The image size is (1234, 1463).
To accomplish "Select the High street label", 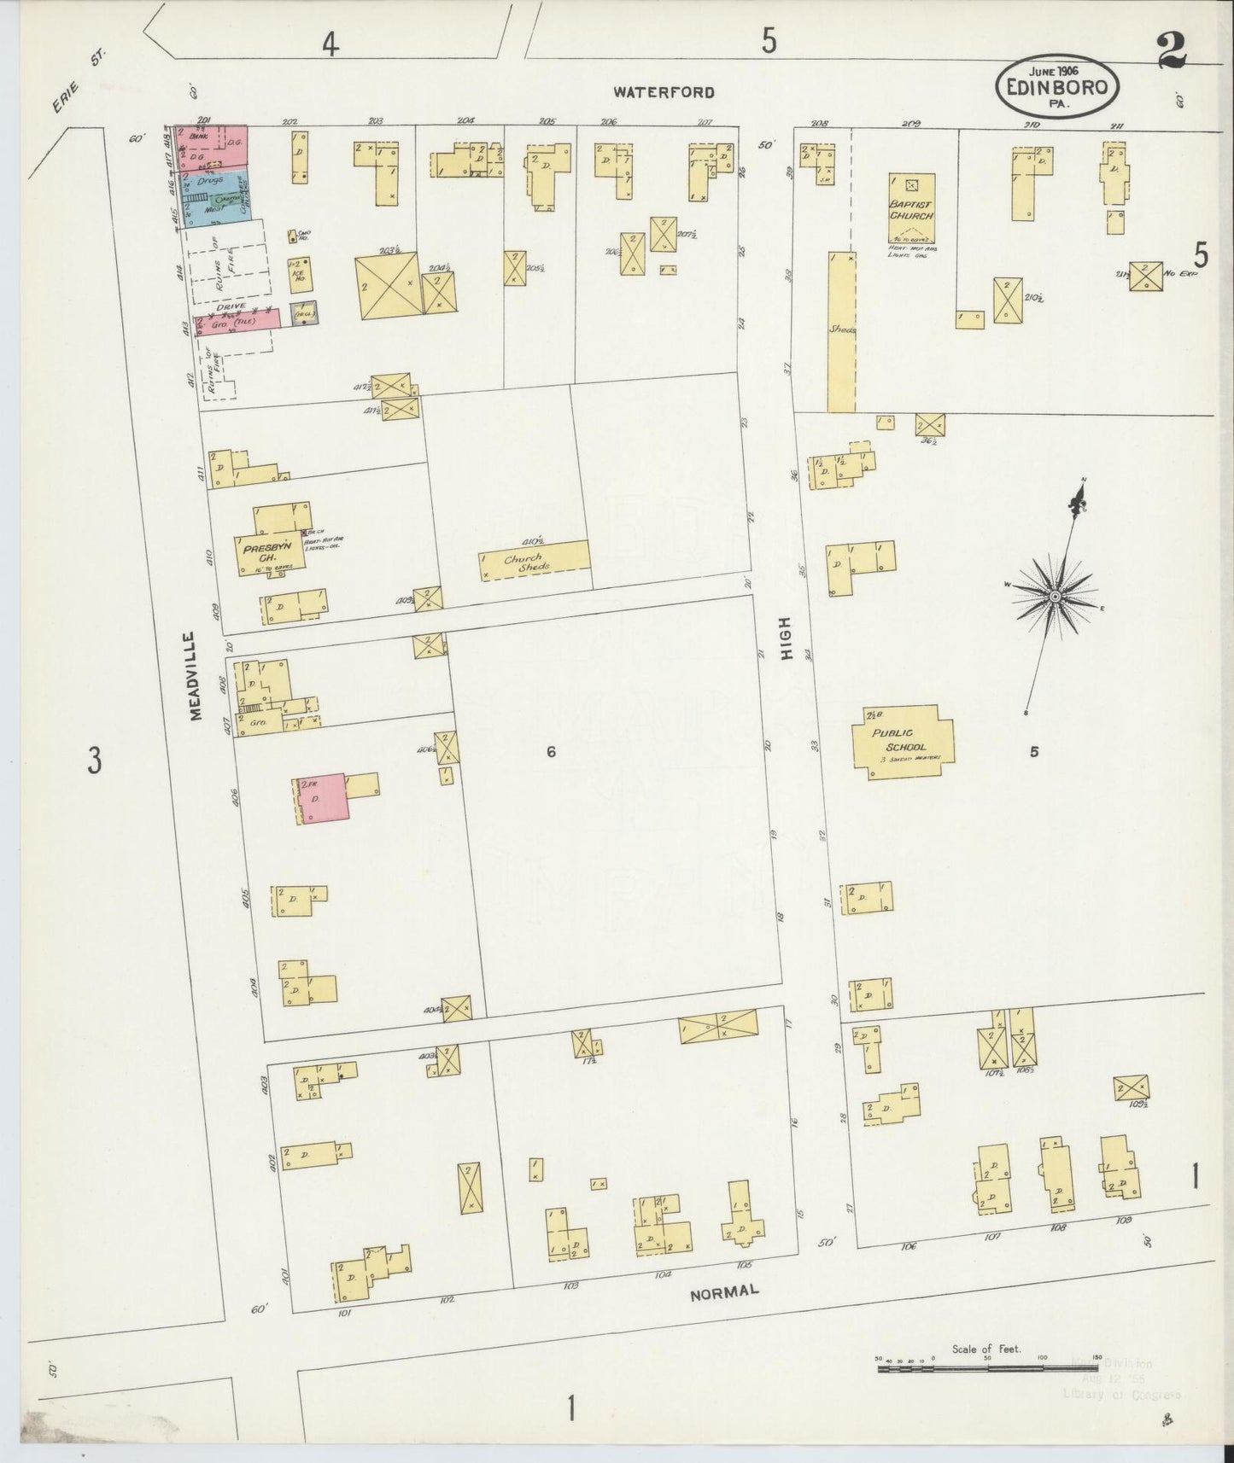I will pos(786,638).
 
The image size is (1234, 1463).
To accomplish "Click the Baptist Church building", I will pos(912,210).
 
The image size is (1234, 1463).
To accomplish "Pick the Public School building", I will pos(902,741).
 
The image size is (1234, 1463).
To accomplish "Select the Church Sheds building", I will pos(535,560).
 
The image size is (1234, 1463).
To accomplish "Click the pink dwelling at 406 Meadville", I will pos(322,798).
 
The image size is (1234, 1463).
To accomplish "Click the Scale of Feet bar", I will pos(988,1368).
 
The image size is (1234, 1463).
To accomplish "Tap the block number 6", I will pos(552,752).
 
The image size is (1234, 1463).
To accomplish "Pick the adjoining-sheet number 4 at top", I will pos(330,44).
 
